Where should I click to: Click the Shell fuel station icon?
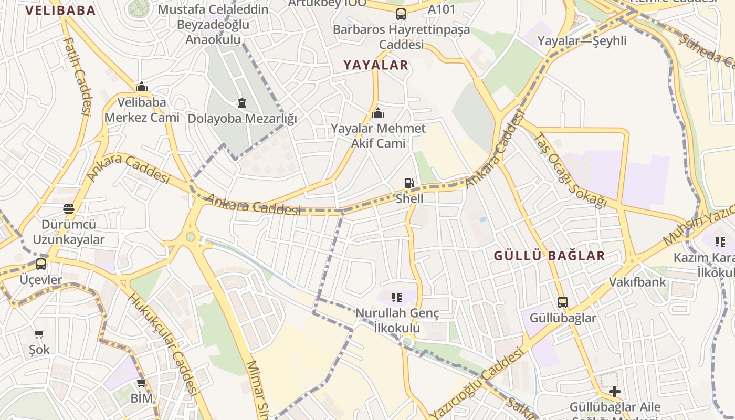409,183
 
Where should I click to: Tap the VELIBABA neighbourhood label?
60,10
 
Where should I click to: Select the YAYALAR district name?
375,65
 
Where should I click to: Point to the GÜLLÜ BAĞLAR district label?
550,256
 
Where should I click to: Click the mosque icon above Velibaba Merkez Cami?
141,87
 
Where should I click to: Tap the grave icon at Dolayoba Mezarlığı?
241,103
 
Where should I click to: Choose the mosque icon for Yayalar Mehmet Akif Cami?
377,113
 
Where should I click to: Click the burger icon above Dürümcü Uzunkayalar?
68,209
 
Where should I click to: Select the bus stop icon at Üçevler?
41,264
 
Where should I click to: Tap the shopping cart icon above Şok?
39,334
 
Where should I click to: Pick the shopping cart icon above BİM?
141,383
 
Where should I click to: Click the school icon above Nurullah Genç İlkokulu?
397,298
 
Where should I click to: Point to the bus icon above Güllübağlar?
562,302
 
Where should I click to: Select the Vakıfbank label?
637,282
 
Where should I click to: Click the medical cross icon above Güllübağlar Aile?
614,392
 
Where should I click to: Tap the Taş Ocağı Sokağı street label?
570,169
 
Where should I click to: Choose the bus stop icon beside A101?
401,14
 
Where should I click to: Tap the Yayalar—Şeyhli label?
582,41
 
